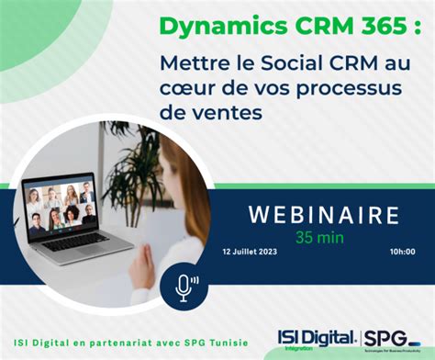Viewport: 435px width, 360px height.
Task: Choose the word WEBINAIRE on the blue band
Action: [324, 215]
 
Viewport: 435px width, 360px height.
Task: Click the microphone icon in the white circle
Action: [185, 287]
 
